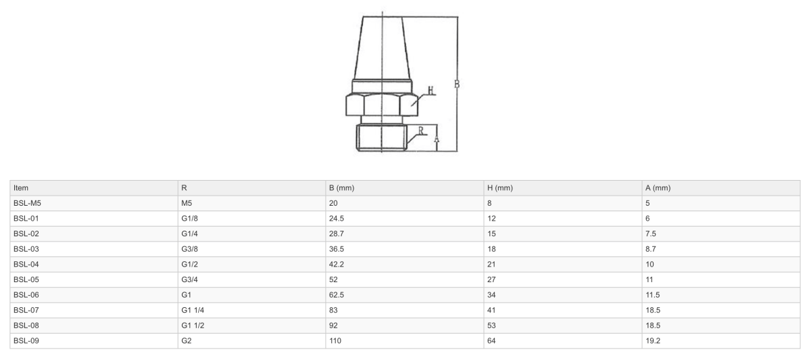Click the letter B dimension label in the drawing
point(458,84)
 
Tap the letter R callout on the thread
point(421,131)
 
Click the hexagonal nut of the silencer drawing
point(382,105)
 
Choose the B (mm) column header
point(341,187)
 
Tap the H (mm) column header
point(500,187)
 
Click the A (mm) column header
point(658,187)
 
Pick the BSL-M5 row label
point(28,203)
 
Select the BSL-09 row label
point(26,340)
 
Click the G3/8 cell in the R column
point(190,248)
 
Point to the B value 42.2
point(337,264)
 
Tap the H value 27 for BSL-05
point(492,279)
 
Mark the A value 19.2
point(653,340)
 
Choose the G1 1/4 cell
point(192,310)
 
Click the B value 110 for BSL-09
point(335,340)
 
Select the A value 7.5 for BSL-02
point(651,233)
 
